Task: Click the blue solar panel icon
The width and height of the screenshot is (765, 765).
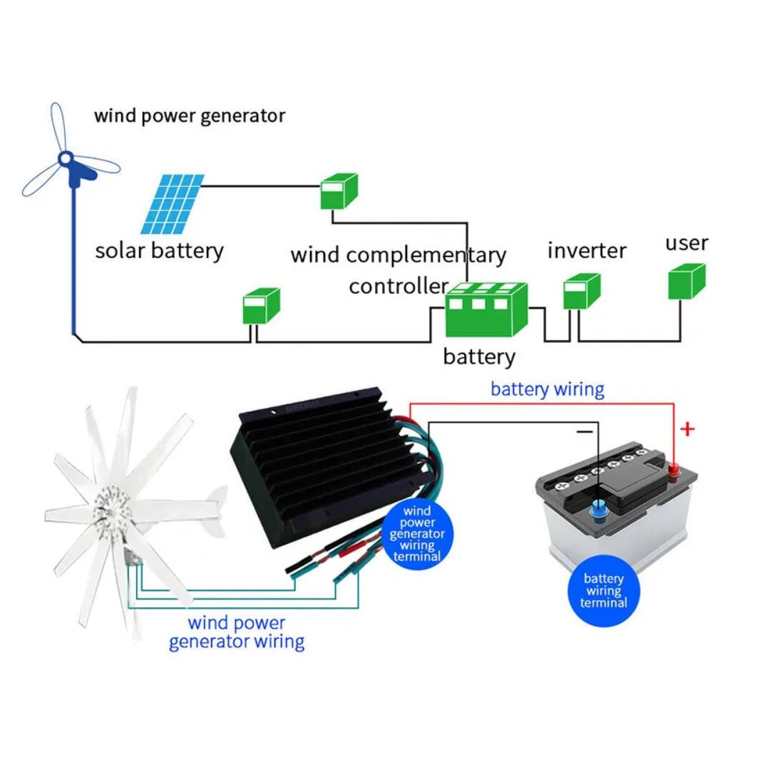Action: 173,205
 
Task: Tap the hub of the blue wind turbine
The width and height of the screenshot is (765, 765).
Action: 66,158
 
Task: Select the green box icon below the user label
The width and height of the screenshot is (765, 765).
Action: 687,282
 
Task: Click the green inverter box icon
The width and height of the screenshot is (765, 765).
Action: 582,292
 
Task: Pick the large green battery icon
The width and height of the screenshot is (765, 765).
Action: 486,310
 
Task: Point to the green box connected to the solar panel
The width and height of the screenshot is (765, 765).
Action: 339,191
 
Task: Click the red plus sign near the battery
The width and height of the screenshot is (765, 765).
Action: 687,429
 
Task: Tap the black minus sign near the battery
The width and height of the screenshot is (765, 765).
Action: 585,431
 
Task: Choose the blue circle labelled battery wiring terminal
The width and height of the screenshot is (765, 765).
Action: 603,591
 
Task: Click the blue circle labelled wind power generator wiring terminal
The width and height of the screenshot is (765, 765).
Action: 417,534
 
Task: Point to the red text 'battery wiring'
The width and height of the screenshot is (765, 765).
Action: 548,390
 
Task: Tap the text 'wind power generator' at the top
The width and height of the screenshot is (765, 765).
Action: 190,116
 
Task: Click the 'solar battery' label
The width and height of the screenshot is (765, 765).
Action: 160,251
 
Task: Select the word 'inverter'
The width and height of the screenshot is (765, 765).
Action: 587,250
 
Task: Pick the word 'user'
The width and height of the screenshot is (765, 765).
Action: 687,243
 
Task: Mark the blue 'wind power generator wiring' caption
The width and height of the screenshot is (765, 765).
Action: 237,633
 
